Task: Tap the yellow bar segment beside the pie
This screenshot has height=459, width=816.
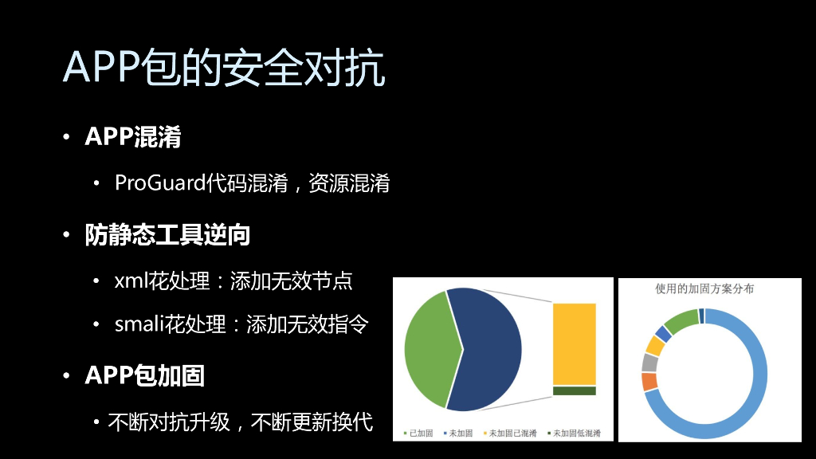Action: tap(574, 343)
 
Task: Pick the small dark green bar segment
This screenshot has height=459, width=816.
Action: tap(574, 390)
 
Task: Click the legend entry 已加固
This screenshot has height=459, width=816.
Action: tap(419, 433)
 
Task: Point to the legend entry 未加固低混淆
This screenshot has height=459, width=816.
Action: tap(576, 433)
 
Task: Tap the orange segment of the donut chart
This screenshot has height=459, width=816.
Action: tap(649, 382)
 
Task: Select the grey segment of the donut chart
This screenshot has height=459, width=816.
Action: tap(649, 363)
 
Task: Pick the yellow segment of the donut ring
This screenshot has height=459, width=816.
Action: tap(654, 345)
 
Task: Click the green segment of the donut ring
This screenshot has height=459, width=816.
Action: tap(681, 320)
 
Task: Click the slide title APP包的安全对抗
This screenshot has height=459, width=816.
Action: tap(224, 69)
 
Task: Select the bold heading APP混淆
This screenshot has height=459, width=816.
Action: tap(133, 137)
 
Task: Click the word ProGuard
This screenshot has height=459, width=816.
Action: tap(160, 183)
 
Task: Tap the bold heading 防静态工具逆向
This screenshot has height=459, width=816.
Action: tap(168, 235)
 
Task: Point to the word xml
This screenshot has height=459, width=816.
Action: tap(127, 281)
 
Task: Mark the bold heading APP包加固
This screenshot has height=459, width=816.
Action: tap(145, 375)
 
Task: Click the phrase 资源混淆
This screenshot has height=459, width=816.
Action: tap(357, 183)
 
